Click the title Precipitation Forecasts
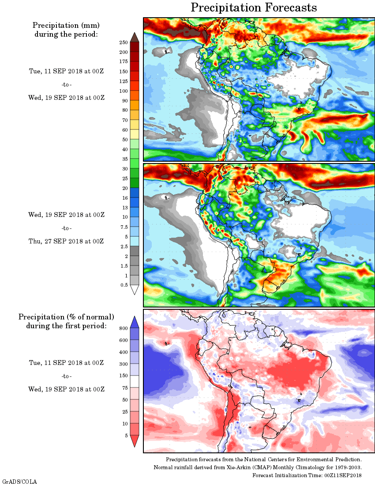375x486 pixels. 254,8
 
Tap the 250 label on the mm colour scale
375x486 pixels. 123,42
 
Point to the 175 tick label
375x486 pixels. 123,62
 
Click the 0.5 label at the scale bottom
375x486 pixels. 124,285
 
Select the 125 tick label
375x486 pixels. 123,81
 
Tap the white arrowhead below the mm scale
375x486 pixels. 135,290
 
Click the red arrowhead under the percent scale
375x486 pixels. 135,441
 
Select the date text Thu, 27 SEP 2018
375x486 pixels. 66,241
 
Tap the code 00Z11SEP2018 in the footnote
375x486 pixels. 343,475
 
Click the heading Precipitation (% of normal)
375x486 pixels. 66,317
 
